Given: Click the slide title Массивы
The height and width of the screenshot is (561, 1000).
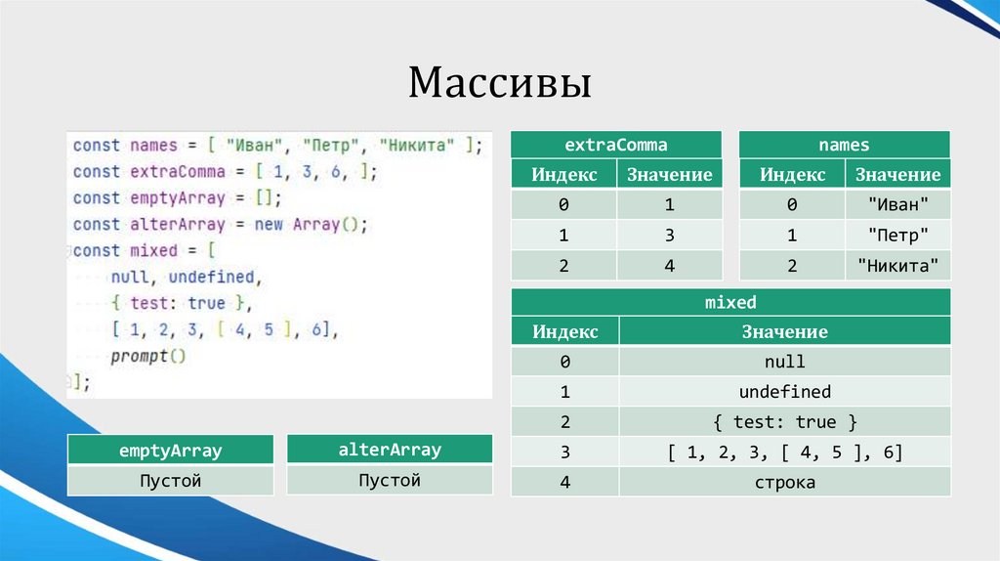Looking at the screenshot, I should [x=499, y=83].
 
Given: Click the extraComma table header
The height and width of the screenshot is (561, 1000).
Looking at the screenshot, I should [x=616, y=145].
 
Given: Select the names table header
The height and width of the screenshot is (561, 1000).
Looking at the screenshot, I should [x=844, y=145].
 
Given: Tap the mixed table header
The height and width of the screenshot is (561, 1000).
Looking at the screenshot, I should [x=730, y=302].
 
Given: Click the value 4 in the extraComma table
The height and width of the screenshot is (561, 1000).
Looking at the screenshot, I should [x=670, y=265].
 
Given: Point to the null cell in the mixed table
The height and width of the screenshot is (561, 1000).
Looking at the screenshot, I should [x=784, y=362].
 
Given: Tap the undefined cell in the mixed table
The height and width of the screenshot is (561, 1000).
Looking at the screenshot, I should [x=784, y=392].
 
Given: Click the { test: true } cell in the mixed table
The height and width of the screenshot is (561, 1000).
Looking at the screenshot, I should [x=784, y=422].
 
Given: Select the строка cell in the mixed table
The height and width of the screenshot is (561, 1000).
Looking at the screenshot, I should [x=784, y=483].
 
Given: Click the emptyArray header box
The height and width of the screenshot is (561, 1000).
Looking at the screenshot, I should [x=170, y=451].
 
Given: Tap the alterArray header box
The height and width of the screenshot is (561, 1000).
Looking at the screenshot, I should [x=390, y=450].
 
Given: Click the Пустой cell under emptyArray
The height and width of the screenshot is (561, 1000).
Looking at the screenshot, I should [x=170, y=481].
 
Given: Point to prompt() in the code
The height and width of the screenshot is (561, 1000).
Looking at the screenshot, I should [x=147, y=356].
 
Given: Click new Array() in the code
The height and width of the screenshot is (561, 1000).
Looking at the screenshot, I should [x=316, y=224].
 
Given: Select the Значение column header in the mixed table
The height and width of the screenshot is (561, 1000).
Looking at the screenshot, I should [x=784, y=331].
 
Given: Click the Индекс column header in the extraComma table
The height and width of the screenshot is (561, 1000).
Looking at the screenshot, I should [x=564, y=175].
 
